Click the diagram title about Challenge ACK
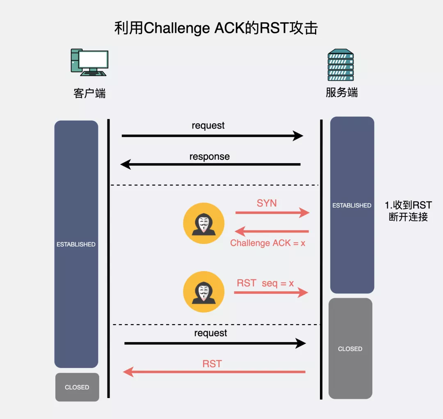pos(216,28)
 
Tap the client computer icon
pos(89,62)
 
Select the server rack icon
pos(340,65)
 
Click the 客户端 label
pos(89,94)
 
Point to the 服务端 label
pos(342,92)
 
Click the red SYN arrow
pos(272,213)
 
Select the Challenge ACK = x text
pos(267,243)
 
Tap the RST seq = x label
pos(265,283)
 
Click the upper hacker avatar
pos(203,223)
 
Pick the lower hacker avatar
pos(203,292)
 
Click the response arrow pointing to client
pos(211,165)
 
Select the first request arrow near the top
pos(212,136)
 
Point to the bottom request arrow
pos(215,343)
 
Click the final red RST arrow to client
pos(214,372)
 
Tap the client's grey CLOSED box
pos(77,387)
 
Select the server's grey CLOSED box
pos(350,349)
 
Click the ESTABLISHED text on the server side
pos(352,205)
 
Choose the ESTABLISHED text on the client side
pos(76,244)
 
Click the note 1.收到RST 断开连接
pos(408,211)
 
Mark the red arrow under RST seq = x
pos(271,292)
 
